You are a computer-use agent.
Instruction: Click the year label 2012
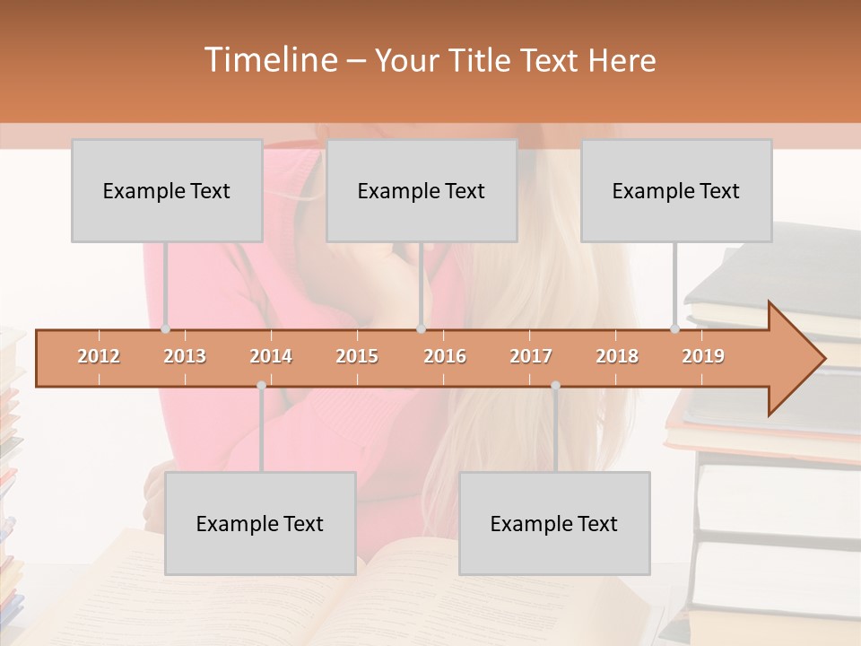(99, 356)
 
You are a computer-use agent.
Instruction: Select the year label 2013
(185, 356)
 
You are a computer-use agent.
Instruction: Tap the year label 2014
(271, 356)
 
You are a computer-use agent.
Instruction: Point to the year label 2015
(357, 356)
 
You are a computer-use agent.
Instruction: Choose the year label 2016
(445, 356)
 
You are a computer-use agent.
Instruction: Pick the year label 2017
(531, 356)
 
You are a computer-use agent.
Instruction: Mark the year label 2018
(617, 356)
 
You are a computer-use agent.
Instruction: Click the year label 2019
(703, 356)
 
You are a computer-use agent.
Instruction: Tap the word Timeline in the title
(270, 60)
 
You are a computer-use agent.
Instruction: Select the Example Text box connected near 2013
(167, 190)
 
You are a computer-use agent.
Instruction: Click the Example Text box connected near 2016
(422, 190)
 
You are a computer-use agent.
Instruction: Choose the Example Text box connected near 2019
(676, 190)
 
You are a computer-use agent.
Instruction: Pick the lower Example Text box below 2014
(260, 523)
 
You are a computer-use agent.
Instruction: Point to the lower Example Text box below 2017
(554, 523)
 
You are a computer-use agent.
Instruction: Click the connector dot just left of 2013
(165, 329)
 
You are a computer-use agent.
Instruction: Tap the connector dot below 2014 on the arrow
(261, 385)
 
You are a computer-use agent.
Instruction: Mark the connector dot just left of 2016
(421, 329)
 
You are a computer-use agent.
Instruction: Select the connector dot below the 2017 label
(555, 385)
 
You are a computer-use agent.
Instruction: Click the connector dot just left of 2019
(675, 329)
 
